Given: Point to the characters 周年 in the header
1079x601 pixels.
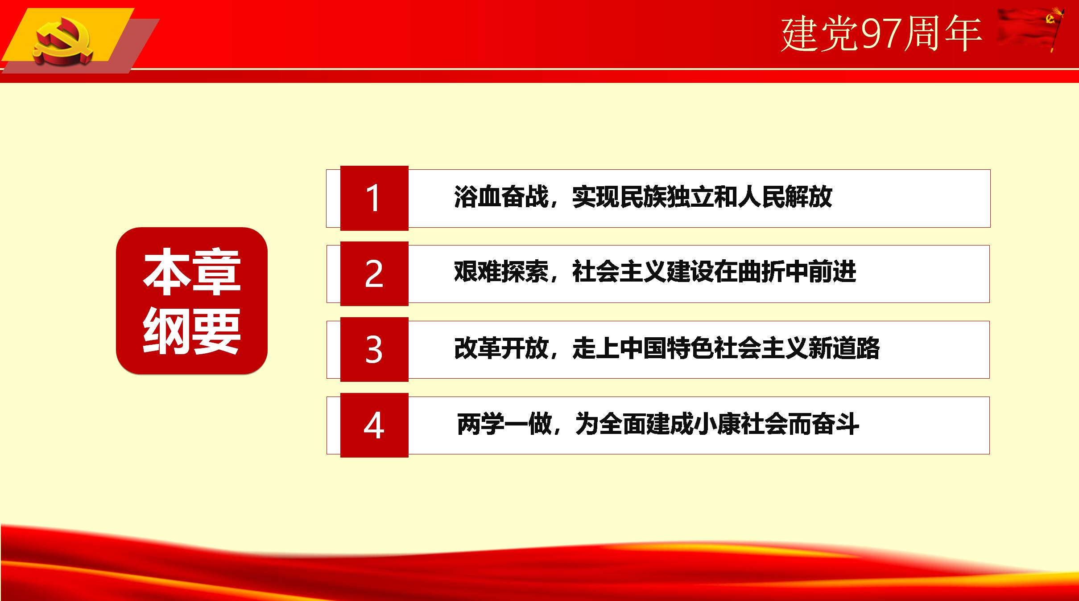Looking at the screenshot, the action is (x=943, y=34).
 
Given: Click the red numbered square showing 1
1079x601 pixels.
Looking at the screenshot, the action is (x=374, y=198).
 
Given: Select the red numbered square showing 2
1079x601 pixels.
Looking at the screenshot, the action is (x=374, y=274).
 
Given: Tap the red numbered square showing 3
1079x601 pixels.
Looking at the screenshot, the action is (x=374, y=349).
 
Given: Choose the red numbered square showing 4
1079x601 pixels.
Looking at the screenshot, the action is (x=374, y=425).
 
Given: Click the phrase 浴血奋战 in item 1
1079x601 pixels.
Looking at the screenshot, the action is (x=501, y=196).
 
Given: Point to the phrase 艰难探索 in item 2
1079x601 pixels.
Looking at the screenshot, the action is (x=501, y=272).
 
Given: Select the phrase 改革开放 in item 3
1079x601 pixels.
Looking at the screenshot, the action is (x=501, y=348).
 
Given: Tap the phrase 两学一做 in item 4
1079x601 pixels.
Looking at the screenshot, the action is (x=504, y=424).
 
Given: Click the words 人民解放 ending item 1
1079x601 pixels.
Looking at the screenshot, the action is (x=785, y=196).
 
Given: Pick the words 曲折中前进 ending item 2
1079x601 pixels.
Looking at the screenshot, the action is (x=797, y=272).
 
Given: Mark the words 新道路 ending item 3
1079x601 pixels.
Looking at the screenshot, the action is (x=844, y=348).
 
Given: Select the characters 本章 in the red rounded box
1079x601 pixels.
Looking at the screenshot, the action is (x=192, y=272).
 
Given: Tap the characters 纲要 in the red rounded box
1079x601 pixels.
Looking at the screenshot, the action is (x=192, y=332).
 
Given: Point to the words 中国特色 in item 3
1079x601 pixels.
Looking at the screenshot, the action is (x=667, y=348).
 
